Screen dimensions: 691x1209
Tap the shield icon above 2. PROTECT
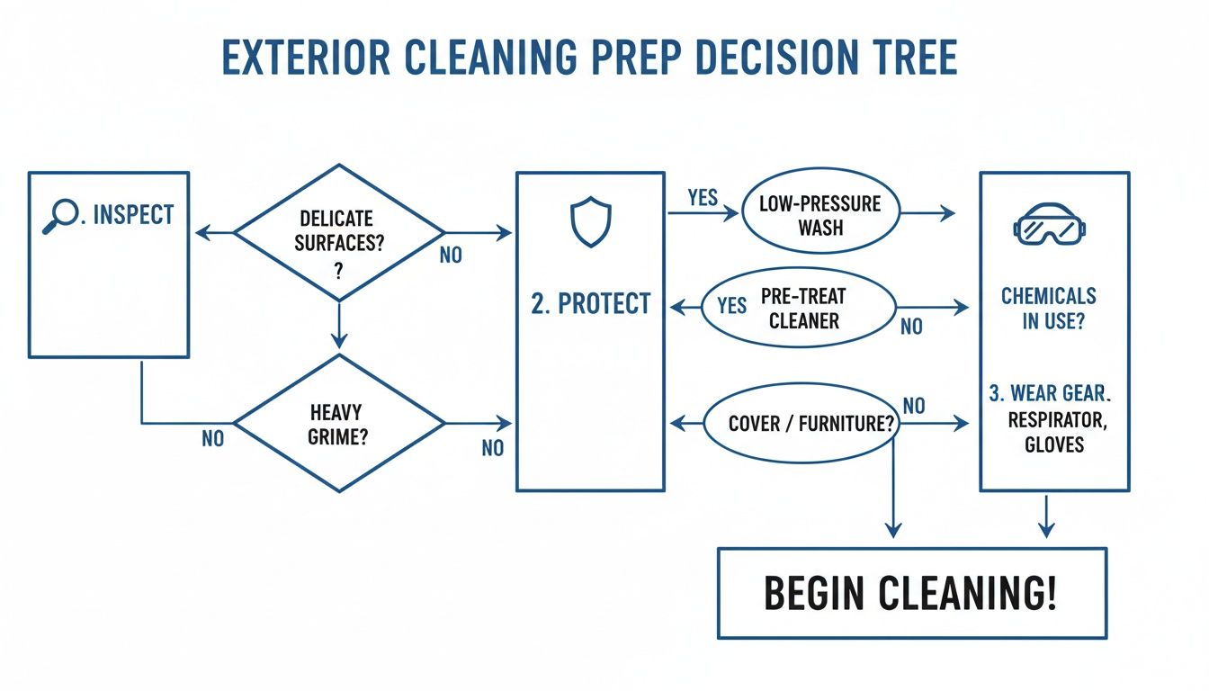point(590,223)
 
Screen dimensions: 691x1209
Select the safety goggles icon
point(1049,224)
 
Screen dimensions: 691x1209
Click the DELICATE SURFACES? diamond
point(338,232)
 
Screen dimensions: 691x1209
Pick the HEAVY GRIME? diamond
point(338,423)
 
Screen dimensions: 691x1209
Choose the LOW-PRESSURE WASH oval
point(820,215)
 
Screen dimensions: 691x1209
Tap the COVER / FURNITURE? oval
point(801,424)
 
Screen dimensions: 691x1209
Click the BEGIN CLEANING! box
point(911,593)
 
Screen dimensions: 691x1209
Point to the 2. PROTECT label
point(590,304)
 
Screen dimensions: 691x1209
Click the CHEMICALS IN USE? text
point(1048,308)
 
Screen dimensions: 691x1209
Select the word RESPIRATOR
point(1053,419)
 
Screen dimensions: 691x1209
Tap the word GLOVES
point(1053,444)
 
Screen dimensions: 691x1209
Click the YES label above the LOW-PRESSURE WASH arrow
point(703,197)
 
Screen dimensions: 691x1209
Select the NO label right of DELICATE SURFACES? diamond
point(451,256)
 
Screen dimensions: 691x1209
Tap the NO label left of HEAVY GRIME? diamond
point(213,439)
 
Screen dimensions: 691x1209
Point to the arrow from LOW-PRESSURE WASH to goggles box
point(927,213)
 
